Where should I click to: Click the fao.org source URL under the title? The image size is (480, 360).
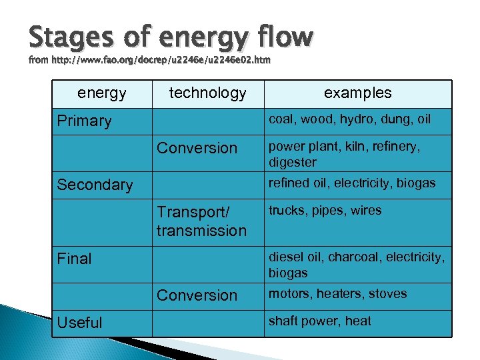(149, 60)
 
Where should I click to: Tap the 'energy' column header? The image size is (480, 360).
(102, 93)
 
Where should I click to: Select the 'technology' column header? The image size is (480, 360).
(207, 93)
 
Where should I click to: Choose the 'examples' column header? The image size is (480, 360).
(357, 93)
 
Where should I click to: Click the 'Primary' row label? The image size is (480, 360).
(84, 121)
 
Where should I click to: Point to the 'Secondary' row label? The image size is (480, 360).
(95, 185)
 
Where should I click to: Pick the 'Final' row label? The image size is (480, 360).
(74, 259)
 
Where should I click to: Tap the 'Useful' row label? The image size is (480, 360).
(79, 323)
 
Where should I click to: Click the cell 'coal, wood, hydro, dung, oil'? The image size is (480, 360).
(349, 120)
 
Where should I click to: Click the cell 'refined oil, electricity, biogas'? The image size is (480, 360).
(351, 183)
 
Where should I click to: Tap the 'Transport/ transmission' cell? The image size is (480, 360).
(201, 221)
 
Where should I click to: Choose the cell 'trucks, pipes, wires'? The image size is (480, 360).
(325, 211)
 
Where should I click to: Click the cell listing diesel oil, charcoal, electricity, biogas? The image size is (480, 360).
(356, 265)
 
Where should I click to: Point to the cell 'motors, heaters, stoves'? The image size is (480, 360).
(337, 294)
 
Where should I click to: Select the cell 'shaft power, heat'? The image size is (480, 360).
(319, 321)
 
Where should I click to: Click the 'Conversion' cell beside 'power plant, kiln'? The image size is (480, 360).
(197, 148)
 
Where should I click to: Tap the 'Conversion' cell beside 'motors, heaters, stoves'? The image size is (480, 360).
(197, 295)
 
